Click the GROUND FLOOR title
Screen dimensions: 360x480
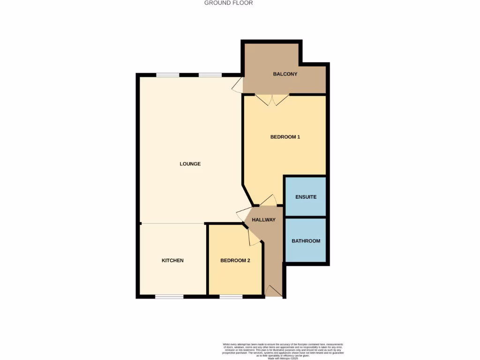tap(229, 3)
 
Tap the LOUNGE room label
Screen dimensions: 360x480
tap(190, 164)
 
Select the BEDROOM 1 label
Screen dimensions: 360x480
tap(285, 137)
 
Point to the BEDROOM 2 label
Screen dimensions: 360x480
tap(235, 261)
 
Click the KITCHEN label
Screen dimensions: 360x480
tap(172, 261)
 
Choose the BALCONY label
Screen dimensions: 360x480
tap(285, 74)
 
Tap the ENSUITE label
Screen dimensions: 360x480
tap(306, 197)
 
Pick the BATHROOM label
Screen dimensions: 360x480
tap(306, 241)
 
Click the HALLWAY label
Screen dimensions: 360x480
tap(263, 220)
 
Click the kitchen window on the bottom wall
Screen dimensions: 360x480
tap(169, 296)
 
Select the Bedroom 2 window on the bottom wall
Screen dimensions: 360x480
tap(231, 296)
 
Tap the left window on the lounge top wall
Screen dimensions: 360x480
tap(167, 75)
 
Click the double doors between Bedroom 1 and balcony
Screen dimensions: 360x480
tap(272, 99)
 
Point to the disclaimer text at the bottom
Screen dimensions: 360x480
tap(283, 350)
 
